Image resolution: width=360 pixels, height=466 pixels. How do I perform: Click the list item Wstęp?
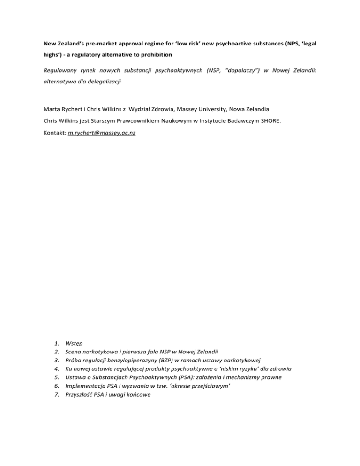[74, 344]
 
